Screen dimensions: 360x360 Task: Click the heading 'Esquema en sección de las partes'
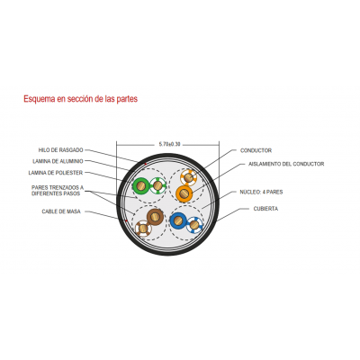(x=80, y=99)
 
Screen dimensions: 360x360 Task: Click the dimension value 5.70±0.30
(x=170, y=144)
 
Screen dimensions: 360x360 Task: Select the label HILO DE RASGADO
(x=60, y=150)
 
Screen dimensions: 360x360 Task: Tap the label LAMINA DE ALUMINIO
(x=58, y=161)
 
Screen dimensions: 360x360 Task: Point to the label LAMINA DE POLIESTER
(x=56, y=173)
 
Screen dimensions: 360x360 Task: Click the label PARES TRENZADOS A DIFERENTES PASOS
(x=58, y=191)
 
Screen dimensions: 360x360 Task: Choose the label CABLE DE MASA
(x=61, y=211)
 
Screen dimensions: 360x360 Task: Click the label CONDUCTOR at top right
(x=256, y=150)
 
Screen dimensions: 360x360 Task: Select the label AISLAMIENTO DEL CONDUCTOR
(x=286, y=164)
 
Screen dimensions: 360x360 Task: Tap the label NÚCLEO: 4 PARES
(x=261, y=192)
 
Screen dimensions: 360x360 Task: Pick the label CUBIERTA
(x=265, y=209)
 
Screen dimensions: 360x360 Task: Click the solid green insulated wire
(x=141, y=186)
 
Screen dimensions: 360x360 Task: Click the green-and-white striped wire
(x=157, y=186)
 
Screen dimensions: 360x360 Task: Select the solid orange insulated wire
(x=184, y=193)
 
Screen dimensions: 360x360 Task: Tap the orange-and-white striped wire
(x=189, y=177)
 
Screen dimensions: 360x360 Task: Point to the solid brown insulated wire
(x=155, y=217)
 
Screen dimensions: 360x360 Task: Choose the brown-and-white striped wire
(x=143, y=229)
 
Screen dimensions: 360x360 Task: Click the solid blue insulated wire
(x=178, y=220)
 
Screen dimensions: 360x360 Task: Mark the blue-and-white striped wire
(x=194, y=225)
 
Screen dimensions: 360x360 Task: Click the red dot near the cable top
(x=146, y=164)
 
